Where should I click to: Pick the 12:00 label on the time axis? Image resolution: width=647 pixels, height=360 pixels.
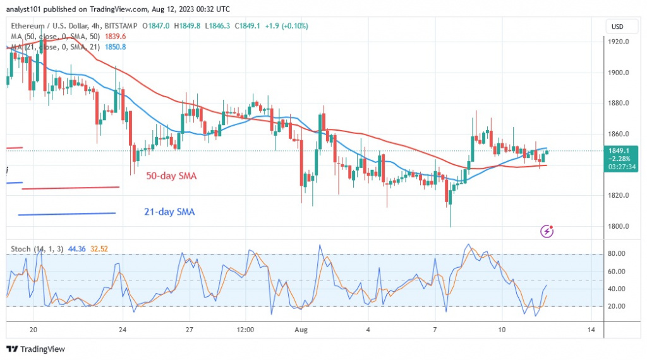(245, 330)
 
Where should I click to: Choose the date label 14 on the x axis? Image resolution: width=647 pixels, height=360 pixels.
(590, 330)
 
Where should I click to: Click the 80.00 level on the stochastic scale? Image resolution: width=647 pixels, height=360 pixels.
(615, 254)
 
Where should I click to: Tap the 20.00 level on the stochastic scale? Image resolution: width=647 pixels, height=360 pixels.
(615, 306)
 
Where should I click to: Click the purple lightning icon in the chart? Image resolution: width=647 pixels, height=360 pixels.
(547, 231)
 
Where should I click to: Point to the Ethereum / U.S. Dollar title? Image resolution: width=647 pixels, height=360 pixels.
(51, 26)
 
